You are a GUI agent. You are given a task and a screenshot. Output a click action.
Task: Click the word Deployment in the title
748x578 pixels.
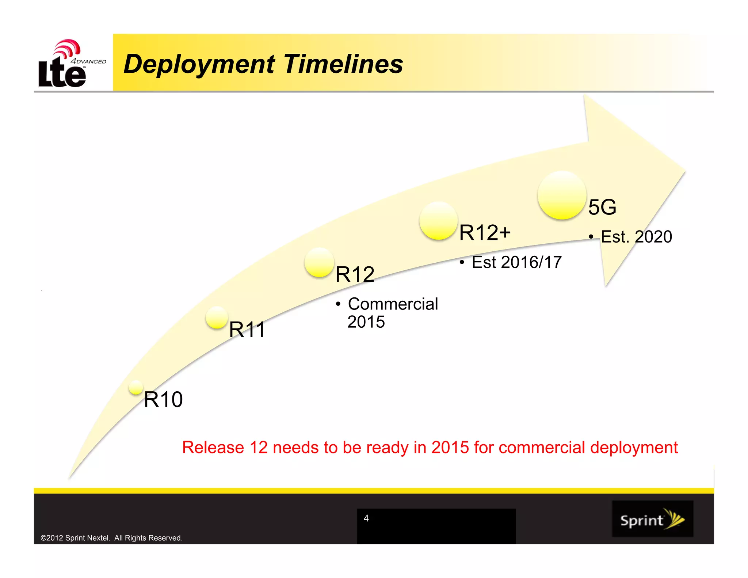pyautogui.click(x=199, y=64)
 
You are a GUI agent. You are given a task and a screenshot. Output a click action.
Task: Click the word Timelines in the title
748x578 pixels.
pyautogui.click(x=343, y=64)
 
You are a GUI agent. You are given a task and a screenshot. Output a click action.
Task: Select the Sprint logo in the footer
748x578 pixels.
pyautogui.click(x=652, y=519)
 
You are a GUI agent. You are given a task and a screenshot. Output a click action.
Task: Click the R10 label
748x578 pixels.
pyautogui.click(x=163, y=399)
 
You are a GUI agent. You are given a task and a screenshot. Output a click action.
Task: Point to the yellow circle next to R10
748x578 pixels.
pyautogui.click(x=136, y=387)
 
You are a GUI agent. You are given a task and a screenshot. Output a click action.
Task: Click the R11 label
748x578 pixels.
pyautogui.click(x=247, y=330)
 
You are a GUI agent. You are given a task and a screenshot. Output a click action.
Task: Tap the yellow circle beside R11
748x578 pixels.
pyautogui.click(x=217, y=317)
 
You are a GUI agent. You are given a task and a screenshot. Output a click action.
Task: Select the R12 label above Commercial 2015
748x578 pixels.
pyautogui.click(x=355, y=274)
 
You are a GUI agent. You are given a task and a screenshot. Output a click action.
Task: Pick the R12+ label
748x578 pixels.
pyautogui.click(x=484, y=233)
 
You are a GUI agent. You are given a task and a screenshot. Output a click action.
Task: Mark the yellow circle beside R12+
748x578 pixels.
pyautogui.click(x=438, y=221)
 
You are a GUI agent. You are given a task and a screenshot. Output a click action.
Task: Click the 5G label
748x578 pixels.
pyautogui.click(x=602, y=207)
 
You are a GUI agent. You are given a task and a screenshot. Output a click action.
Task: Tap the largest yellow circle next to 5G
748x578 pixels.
pyautogui.click(x=562, y=195)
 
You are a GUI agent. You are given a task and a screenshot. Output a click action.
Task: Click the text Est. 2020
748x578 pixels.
pyautogui.click(x=636, y=237)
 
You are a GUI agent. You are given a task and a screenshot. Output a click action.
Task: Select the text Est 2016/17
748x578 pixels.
pyautogui.click(x=516, y=262)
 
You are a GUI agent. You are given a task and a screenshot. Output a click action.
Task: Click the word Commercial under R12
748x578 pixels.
pyautogui.click(x=393, y=304)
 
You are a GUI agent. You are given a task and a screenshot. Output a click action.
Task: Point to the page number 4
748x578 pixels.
pyautogui.click(x=366, y=518)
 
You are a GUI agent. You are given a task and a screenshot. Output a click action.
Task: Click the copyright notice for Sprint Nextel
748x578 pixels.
pyautogui.click(x=111, y=538)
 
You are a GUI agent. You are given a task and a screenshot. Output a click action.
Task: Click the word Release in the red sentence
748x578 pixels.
pyautogui.click(x=213, y=448)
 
